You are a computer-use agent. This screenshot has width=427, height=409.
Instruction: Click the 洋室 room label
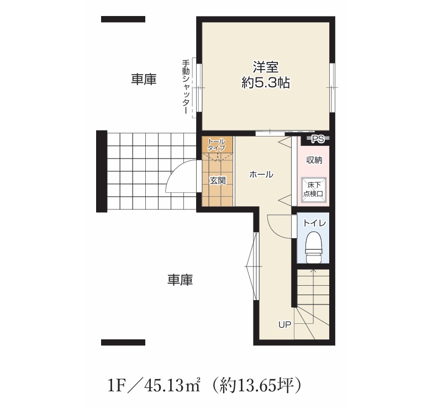point(266,67)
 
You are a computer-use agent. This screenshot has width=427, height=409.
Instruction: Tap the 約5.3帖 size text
point(266,83)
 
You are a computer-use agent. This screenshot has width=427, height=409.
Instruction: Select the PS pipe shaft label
point(318,139)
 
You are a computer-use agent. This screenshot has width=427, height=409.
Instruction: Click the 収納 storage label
point(314,160)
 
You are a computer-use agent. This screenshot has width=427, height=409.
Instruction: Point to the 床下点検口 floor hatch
point(313,190)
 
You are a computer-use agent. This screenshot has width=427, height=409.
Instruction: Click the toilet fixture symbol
point(313,248)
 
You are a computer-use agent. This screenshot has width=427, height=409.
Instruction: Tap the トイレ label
point(314,223)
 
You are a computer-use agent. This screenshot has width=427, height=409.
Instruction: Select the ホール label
point(261,175)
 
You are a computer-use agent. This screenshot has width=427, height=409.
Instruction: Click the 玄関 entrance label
point(218,180)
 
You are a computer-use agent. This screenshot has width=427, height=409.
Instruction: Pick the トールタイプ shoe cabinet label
point(217,145)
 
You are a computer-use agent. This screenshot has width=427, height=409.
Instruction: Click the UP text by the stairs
point(284,324)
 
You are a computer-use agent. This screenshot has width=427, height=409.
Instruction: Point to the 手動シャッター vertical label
point(186,87)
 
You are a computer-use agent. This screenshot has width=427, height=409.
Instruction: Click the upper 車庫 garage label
point(144,79)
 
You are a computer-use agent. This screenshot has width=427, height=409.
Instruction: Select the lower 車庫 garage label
point(180,280)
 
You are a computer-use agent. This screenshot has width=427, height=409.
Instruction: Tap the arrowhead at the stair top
point(313,271)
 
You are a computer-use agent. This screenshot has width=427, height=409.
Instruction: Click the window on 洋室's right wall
point(332,88)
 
